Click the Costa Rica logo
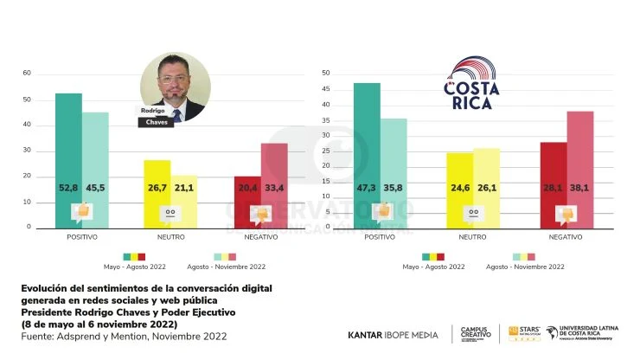tap(468, 84)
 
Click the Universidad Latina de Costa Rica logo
tap(587, 333)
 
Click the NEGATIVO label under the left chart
tap(260, 236)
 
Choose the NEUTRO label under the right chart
tap(473, 236)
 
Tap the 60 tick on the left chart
tap(28, 73)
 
